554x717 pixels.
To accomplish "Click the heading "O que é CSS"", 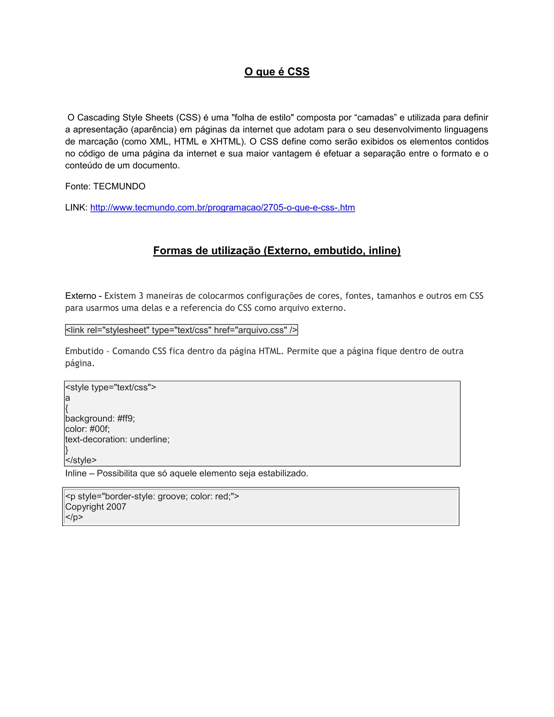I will point(277,72).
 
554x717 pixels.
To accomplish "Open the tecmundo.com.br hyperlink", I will point(223,208).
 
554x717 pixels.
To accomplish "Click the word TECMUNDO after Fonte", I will point(119,186).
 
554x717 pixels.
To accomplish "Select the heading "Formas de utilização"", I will point(277,251).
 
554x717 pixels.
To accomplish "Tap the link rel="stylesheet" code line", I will point(182,330).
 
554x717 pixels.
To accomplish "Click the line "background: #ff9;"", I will point(100,419).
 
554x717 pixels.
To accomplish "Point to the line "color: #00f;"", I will point(87,429).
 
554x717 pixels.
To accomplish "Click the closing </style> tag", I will point(81,460).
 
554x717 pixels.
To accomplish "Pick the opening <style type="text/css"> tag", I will point(111,387).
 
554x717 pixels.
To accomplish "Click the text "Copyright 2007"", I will point(95,506).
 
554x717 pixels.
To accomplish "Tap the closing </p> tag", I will point(74,517).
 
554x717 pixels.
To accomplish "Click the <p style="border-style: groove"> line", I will point(152,496).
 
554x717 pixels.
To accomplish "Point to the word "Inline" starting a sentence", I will point(76,473).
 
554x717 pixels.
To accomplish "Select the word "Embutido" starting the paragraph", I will point(84,351).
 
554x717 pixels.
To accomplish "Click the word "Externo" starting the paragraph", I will point(80,296).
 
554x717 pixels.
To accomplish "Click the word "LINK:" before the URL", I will point(76,208).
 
